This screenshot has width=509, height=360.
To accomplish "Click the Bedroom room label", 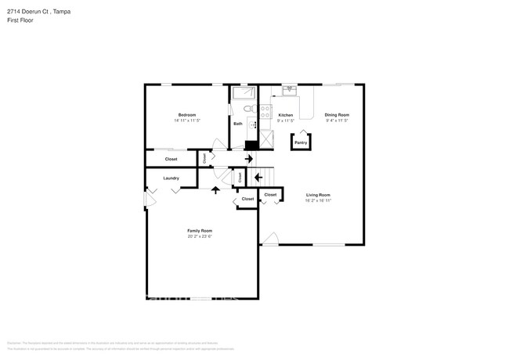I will tap(186, 114).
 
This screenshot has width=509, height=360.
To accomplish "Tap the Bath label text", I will tap(238, 124).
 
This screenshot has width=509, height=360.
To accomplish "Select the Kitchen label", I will tap(285, 114).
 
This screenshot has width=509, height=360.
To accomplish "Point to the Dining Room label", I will tap(337, 114).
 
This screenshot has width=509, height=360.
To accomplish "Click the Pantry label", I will tap(301, 142).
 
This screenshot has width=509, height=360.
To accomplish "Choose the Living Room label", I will tap(318, 195).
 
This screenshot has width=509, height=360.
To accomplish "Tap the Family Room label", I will tap(200, 231).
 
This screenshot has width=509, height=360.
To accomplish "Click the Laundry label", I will tap(171, 178).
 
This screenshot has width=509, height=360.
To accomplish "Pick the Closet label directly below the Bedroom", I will tap(171, 159).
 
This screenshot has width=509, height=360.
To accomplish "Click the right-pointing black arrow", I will tap(249, 159).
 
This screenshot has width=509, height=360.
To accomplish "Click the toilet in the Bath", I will tap(247, 109).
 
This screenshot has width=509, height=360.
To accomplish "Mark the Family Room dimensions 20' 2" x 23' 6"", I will tap(200, 236).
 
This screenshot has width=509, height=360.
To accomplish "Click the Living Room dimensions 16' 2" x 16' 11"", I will tap(318, 200).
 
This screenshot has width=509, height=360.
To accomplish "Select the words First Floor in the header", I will tap(20, 20).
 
